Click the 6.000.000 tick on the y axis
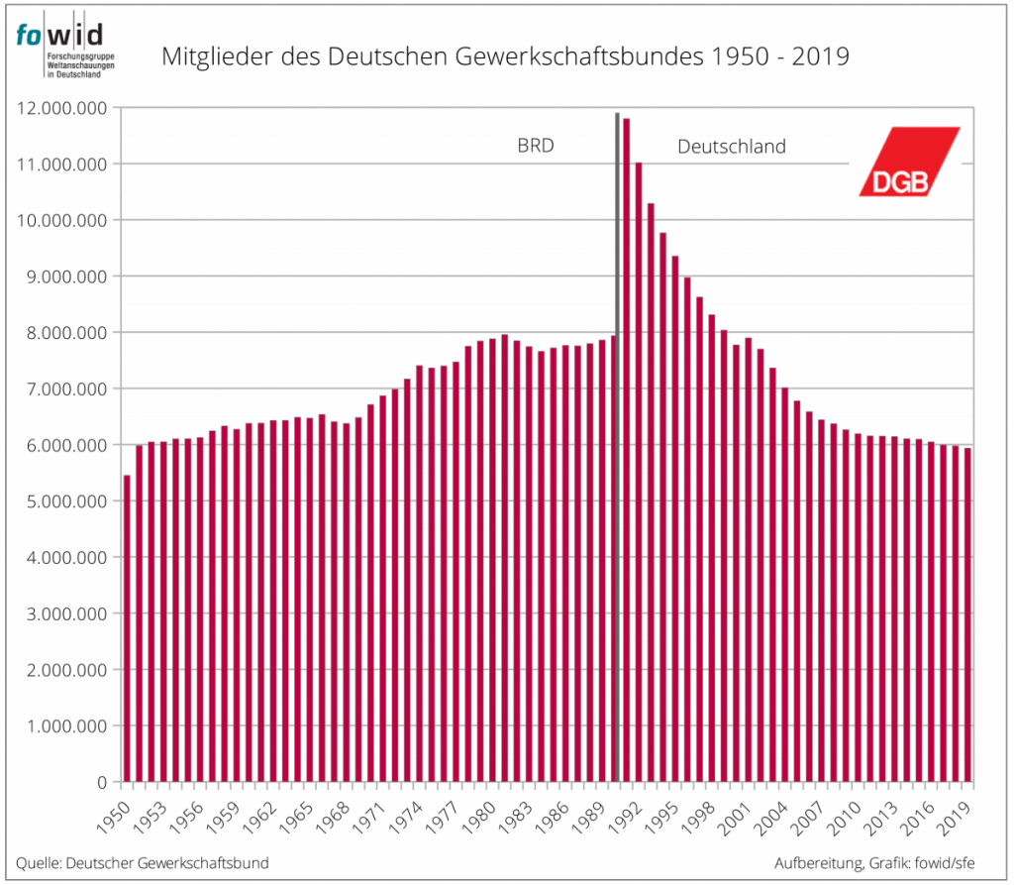click(x=62, y=445)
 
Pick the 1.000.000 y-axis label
click(x=62, y=726)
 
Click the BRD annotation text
click(x=535, y=147)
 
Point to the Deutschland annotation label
click(x=731, y=147)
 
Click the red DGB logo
click(x=909, y=161)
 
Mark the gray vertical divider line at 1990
click(x=617, y=446)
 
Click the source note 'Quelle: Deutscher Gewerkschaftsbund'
click(x=142, y=862)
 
